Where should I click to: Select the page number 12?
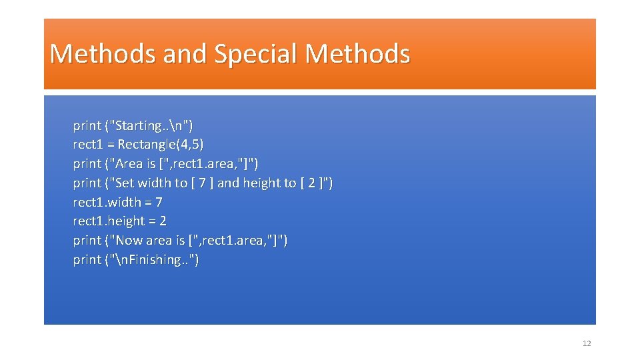587,343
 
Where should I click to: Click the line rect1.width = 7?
117,202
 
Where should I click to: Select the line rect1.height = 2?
119,221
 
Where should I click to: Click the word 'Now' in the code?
129,240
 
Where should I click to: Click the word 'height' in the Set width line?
262,183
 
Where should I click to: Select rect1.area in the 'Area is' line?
204,163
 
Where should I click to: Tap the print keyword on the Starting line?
87,125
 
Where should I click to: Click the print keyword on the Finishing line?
87,259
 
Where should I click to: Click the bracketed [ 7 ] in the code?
203,183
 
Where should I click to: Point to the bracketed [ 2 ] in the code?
313,183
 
